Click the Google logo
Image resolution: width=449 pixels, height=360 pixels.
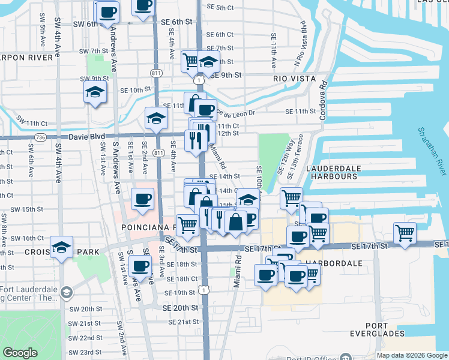coord(20,353)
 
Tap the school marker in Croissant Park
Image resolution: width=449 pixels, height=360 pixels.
coord(61,247)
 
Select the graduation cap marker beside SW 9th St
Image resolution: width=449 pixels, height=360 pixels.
coord(95,92)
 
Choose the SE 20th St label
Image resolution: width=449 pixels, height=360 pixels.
coord(180,308)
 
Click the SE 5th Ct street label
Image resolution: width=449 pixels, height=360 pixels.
coord(219,7)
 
